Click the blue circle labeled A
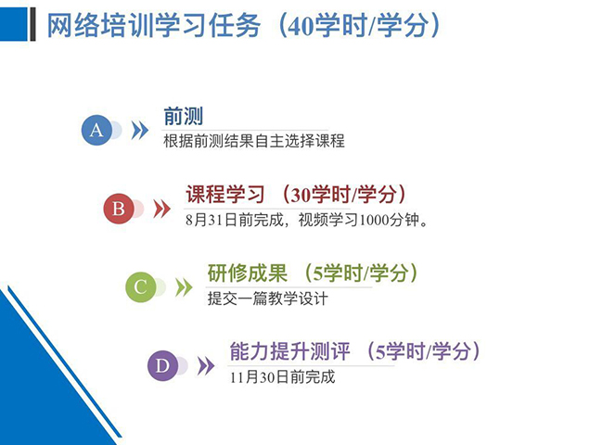pyautogui.click(x=96, y=131)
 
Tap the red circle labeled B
pyautogui.click(x=119, y=209)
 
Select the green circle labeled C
pyautogui.click(x=141, y=287)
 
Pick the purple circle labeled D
pyautogui.click(x=162, y=365)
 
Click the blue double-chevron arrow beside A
pyautogui.click(x=139, y=131)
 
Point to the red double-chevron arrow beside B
pyautogui.click(x=162, y=209)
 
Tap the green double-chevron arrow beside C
pyautogui.click(x=184, y=287)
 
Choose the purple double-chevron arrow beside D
pyautogui.click(x=206, y=366)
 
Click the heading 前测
pyautogui.click(x=184, y=116)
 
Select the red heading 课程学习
pyautogui.click(x=225, y=194)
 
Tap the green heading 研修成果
pyautogui.click(x=248, y=273)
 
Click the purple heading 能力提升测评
pyautogui.click(x=290, y=351)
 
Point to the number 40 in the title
pyautogui.click(x=301, y=26)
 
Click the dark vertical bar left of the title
pyautogui.click(x=32, y=24)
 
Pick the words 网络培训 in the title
pyautogui.click(x=100, y=25)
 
